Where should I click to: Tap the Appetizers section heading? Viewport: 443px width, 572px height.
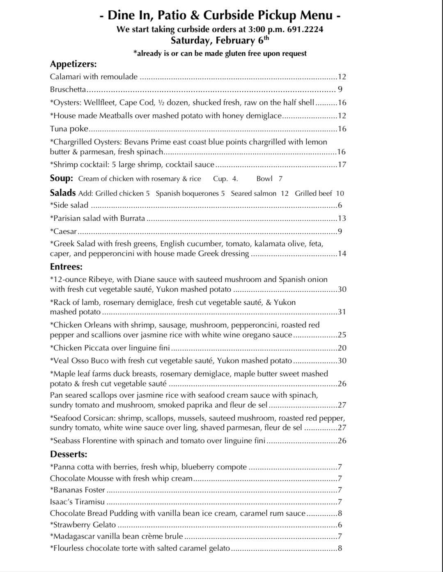click(73, 64)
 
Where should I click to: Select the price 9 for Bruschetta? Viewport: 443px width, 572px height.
click(340, 89)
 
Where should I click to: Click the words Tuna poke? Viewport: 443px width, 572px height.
click(69, 129)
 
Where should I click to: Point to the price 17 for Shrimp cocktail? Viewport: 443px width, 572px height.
click(342, 165)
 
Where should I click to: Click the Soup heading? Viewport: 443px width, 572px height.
click(62, 178)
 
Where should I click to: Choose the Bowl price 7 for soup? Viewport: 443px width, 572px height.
click(280, 178)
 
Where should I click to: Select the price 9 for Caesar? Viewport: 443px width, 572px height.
click(340, 231)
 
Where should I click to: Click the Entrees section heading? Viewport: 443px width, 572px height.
click(66, 267)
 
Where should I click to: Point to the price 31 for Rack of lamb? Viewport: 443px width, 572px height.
click(342, 312)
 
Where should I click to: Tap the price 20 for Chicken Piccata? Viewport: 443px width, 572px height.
click(342, 348)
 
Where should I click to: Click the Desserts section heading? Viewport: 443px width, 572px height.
click(69, 454)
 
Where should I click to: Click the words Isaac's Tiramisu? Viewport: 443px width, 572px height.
click(77, 502)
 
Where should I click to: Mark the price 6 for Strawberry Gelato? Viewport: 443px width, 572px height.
click(340, 525)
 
